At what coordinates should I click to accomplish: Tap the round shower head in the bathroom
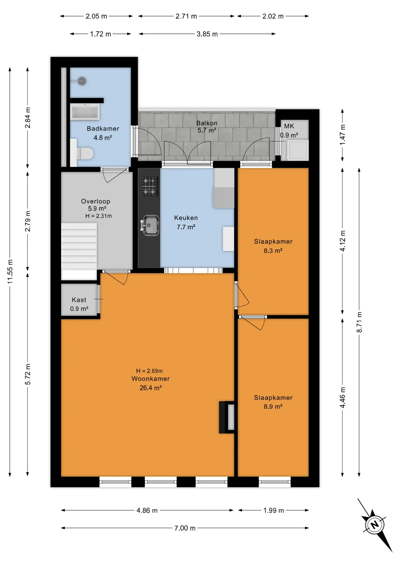pos(82,81)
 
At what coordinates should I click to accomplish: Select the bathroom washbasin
pos(85,112)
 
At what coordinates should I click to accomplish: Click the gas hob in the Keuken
pos(150,186)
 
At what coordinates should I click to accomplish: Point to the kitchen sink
pos(150,226)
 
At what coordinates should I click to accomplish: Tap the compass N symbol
pos(375,525)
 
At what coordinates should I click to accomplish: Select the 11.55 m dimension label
pos(10,272)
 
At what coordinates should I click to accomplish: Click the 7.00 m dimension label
pos(185,528)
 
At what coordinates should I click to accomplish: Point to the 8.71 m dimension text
pos(359,322)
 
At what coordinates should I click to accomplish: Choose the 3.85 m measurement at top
pos(207,34)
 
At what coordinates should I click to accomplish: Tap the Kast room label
pos(79,300)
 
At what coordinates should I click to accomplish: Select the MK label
pos(289,126)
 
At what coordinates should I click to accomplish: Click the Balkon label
pos(207,123)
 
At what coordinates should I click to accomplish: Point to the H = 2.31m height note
pos(98,216)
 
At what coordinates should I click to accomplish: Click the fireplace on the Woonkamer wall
pos(227,417)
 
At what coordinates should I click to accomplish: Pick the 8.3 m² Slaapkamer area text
pos(273,251)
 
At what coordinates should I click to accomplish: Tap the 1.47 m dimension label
pos(342,135)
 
